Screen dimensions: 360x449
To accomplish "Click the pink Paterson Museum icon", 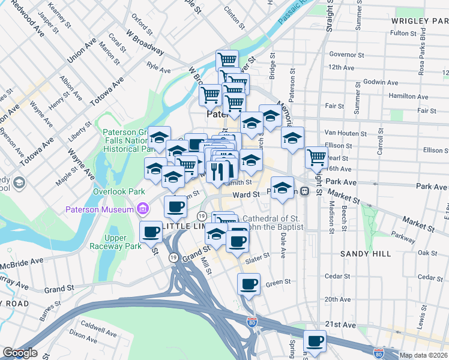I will pyautogui.click(x=143, y=209).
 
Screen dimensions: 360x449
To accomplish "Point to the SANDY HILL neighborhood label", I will pyautogui.click(x=366, y=254).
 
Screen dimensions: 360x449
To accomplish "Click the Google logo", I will pyautogui.click(x=19, y=353).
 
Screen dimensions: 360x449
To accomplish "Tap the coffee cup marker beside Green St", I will pyautogui.click(x=248, y=284).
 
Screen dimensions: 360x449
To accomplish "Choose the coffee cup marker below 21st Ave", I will pyautogui.click(x=314, y=341).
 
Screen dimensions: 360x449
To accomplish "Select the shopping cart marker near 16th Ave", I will pyautogui.click(x=316, y=157).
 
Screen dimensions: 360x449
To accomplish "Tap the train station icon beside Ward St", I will pyautogui.click(x=304, y=191).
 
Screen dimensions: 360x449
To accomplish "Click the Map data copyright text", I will pyautogui.click(x=423, y=355).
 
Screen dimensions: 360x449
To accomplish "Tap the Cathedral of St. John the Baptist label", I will pyautogui.click(x=273, y=222).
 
